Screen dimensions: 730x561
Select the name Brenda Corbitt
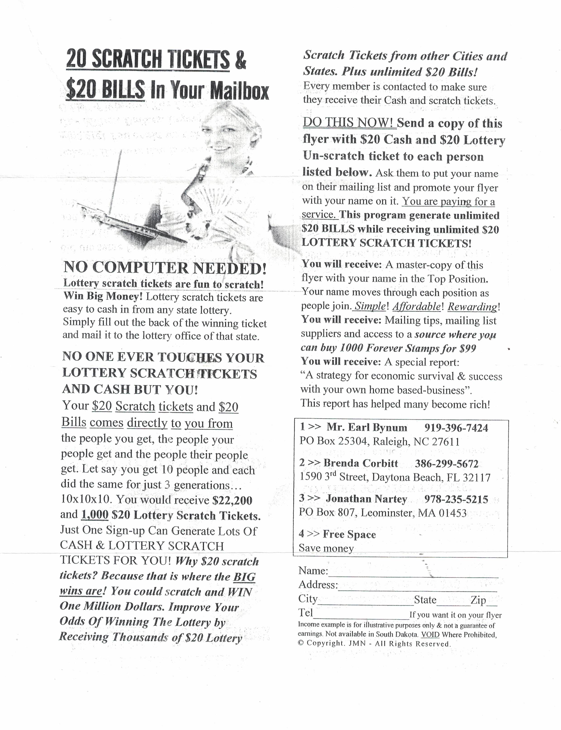[x=361, y=463]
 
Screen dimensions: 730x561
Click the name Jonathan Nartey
[x=366, y=499]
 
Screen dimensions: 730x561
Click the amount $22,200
[x=232, y=500]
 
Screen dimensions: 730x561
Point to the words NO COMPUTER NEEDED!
[x=165, y=268]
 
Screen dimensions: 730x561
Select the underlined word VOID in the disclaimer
[x=430, y=635]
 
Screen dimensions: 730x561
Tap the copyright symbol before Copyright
[x=301, y=643]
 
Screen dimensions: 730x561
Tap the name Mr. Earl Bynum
[x=367, y=427]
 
